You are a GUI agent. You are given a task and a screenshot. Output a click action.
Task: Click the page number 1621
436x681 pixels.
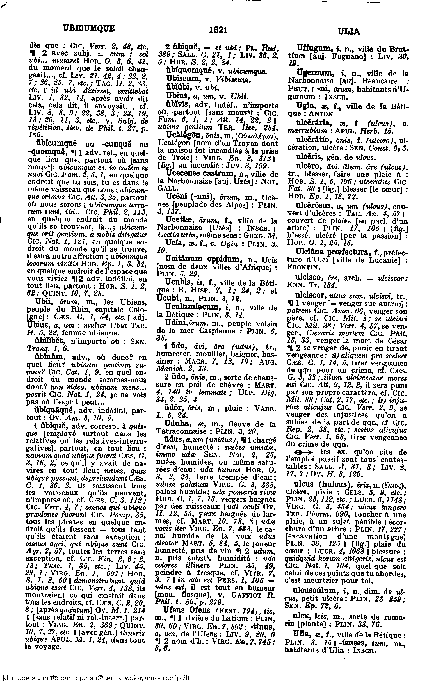pos(218,30)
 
